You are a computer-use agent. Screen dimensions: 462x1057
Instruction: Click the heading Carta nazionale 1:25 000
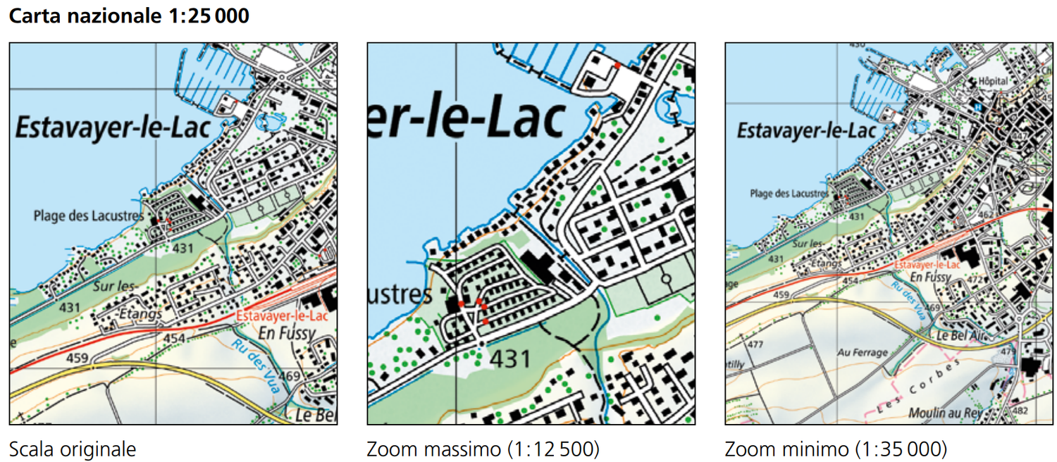129,16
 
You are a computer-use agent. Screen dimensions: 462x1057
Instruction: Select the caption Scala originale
72,449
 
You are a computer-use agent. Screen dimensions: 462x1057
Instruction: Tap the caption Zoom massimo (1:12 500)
483,449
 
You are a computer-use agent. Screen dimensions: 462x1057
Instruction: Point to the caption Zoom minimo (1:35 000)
836,449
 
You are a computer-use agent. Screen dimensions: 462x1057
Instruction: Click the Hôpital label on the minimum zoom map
994,82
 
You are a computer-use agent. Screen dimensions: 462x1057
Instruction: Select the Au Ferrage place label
863,351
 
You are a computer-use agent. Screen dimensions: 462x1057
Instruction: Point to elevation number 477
755,344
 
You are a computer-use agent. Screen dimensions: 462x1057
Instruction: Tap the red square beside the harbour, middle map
617,65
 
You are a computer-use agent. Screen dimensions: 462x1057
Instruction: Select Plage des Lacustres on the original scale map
88,216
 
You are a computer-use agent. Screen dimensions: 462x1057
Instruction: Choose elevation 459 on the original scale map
78,358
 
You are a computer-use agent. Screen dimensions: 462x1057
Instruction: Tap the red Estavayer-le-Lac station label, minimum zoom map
927,265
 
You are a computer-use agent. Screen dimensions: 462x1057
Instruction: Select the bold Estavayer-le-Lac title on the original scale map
113,129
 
